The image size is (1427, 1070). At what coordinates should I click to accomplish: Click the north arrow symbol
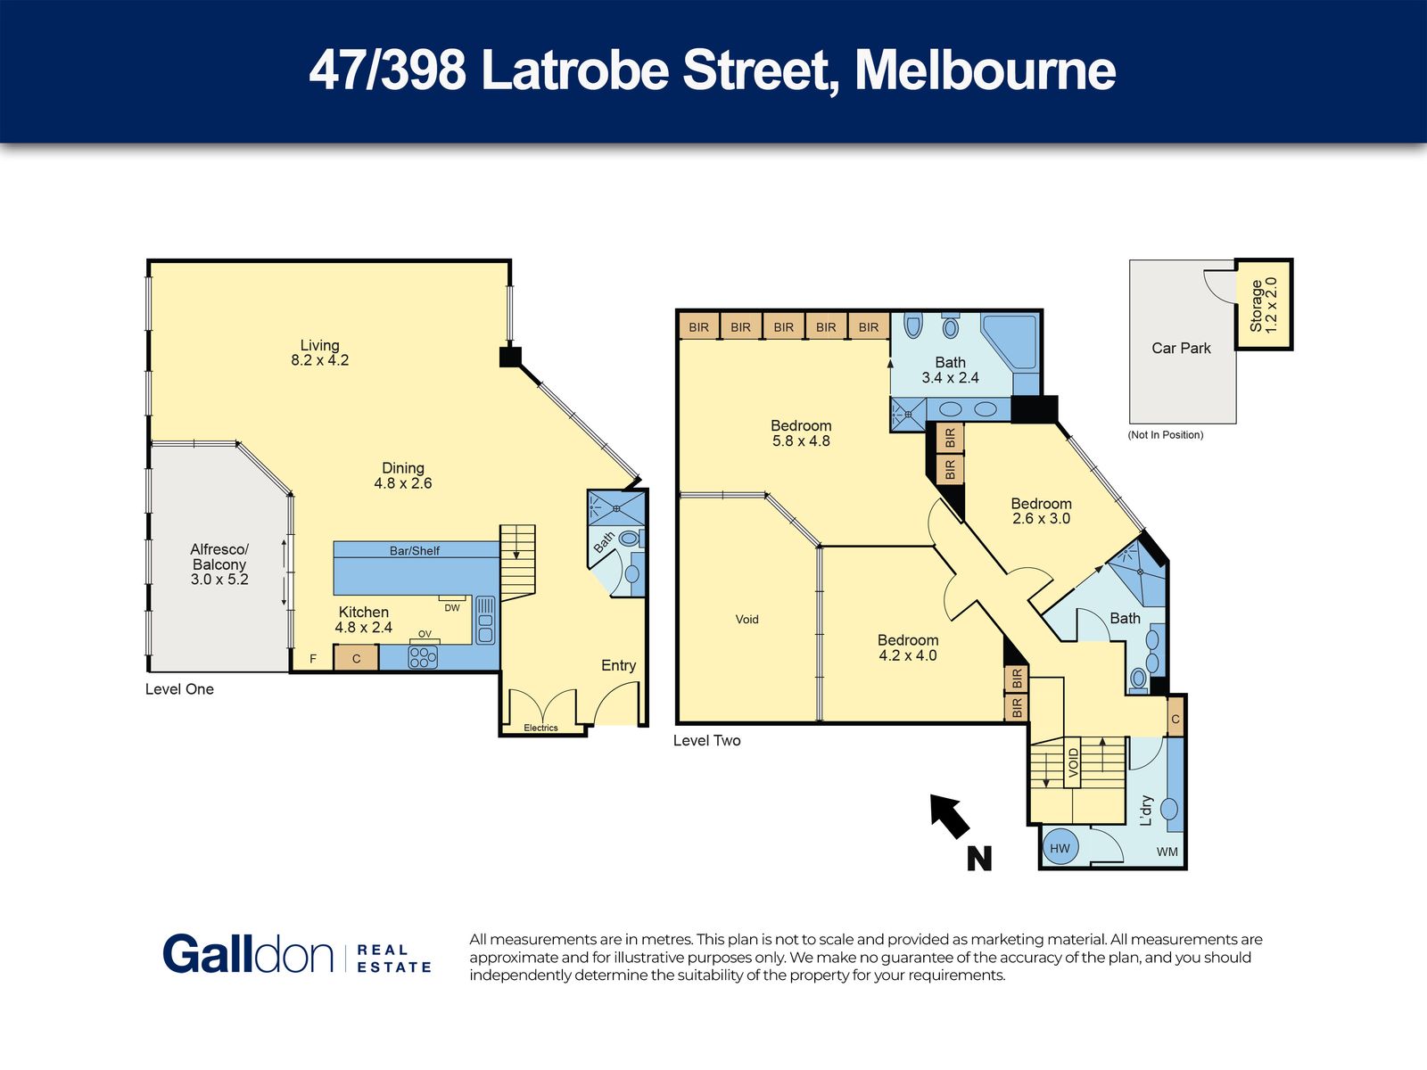click(x=951, y=816)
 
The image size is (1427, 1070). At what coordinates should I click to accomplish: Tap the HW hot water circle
click(x=1060, y=848)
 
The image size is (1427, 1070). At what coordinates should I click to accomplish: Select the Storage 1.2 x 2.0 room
click(x=1264, y=305)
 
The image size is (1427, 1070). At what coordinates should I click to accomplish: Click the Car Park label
click(x=1181, y=349)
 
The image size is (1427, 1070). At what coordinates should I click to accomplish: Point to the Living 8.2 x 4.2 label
click(x=320, y=353)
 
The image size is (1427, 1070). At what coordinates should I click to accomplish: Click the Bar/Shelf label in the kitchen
click(x=415, y=551)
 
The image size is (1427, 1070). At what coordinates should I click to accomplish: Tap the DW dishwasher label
click(x=452, y=608)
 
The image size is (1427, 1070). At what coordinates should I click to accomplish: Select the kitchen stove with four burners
click(x=423, y=657)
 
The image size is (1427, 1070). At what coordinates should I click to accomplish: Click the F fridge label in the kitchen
click(x=313, y=659)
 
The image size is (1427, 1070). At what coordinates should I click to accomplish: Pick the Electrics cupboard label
click(x=540, y=728)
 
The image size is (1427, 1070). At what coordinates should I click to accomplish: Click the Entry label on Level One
click(x=618, y=665)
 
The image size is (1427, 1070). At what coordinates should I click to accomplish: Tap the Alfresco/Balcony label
click(x=219, y=564)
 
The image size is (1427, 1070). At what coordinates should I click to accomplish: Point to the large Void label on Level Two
click(x=747, y=619)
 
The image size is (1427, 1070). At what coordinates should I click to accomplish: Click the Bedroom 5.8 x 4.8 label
click(x=801, y=433)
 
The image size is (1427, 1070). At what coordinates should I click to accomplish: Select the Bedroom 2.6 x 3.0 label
click(x=1041, y=511)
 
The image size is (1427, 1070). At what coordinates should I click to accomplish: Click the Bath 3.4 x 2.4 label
click(x=950, y=370)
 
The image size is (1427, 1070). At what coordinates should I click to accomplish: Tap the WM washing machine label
click(x=1167, y=852)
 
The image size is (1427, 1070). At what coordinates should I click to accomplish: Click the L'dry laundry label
click(x=1146, y=811)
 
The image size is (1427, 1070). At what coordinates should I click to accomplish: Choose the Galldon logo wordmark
click(x=248, y=954)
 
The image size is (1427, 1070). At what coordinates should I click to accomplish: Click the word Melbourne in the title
click(x=985, y=70)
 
